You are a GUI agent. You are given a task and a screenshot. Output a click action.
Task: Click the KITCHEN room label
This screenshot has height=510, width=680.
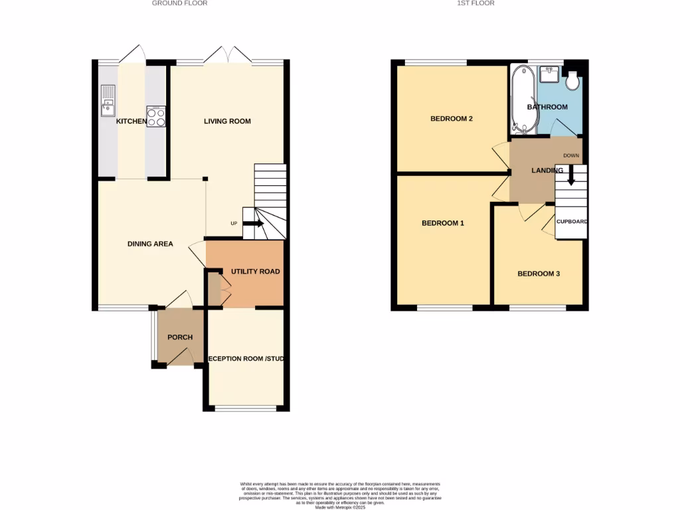[x=131, y=122]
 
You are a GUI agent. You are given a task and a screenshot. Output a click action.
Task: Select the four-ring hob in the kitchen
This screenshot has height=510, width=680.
[x=156, y=117]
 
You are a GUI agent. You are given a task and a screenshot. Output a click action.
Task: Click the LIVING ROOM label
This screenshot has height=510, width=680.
[x=227, y=122]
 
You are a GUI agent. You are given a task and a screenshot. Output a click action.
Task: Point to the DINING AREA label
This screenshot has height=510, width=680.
[x=150, y=244]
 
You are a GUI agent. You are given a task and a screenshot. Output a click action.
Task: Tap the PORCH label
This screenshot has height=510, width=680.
[x=180, y=337]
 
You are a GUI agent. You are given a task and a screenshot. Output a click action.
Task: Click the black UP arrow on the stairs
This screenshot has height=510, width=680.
[x=254, y=224]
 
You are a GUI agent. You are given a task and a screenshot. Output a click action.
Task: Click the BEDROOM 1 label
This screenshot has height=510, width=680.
[x=443, y=223]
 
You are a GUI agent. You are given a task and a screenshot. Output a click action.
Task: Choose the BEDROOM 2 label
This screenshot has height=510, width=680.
[x=452, y=119]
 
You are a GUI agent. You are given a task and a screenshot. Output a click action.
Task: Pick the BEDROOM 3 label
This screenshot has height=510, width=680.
[x=539, y=273]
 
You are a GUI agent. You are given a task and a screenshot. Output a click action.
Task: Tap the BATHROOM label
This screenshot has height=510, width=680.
[x=547, y=107]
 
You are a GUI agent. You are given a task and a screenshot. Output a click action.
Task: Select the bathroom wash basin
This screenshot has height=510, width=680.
[x=549, y=74]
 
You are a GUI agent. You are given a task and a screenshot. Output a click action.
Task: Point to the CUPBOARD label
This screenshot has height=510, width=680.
[x=572, y=221]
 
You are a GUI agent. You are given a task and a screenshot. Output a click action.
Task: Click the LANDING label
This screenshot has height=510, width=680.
[x=547, y=171]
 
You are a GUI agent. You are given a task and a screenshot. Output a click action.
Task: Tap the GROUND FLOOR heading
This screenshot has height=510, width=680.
[x=180, y=3]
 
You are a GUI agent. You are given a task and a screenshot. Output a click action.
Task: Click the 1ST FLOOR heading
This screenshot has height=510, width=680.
[x=476, y=3]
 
